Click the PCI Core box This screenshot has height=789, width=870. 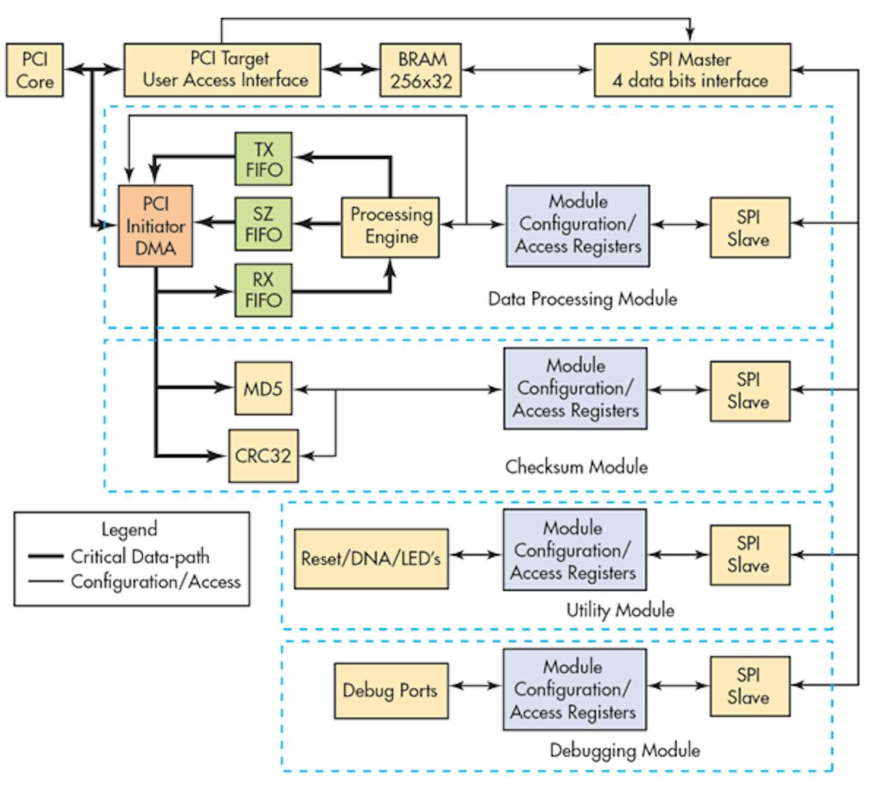point(34,70)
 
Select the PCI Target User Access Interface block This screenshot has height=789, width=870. point(222,70)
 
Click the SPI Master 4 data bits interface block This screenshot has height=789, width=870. point(692,70)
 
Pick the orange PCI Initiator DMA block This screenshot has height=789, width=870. point(155,226)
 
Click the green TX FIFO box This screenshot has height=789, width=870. point(263,159)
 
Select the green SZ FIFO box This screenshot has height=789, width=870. point(263,224)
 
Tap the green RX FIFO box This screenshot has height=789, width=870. point(263,290)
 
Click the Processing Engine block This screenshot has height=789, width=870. point(390,226)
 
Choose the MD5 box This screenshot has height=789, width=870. point(263,389)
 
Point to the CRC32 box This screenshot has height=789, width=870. point(263,456)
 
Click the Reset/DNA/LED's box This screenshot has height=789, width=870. point(370,558)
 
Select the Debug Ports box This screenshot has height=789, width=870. point(390,690)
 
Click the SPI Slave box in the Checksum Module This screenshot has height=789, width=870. point(749,391)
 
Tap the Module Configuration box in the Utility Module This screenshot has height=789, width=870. point(573,549)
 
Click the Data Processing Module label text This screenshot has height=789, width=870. point(582,298)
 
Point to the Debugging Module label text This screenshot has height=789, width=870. point(624,749)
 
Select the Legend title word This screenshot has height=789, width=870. point(129,529)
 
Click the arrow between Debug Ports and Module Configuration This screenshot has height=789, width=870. point(475,684)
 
